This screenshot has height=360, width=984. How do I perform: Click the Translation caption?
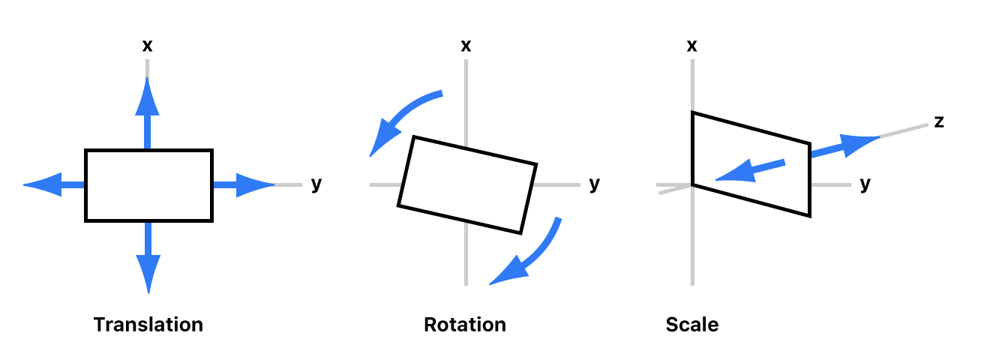148,325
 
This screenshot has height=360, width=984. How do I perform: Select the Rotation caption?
465,325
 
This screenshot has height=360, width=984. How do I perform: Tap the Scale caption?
691,325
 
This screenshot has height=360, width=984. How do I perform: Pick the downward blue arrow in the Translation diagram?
148,259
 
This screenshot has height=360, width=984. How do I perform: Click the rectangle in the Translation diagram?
148,185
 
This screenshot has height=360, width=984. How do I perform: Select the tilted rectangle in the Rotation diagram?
467,184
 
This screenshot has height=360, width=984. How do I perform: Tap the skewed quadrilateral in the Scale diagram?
750,163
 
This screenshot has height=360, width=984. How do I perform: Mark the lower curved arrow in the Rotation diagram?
529,255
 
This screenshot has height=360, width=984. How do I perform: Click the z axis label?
938,121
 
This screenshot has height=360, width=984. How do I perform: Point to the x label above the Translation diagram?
148,46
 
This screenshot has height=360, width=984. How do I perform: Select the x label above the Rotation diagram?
466,46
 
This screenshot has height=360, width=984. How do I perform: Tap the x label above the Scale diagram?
692,46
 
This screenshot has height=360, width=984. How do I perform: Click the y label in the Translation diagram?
316,184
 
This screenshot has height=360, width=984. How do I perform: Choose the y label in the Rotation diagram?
595,184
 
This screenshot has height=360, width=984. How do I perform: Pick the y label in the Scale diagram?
865,184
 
